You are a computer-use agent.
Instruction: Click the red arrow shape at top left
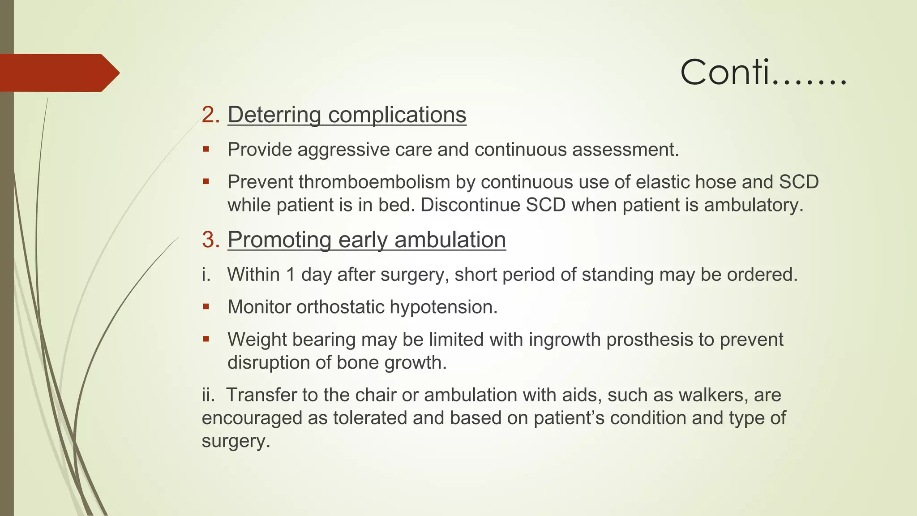(58, 73)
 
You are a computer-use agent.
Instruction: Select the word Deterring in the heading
(274, 115)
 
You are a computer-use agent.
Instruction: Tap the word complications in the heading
(397, 115)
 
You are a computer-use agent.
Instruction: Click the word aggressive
(343, 150)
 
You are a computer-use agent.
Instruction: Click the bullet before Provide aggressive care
(206, 149)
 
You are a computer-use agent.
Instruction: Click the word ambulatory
(754, 205)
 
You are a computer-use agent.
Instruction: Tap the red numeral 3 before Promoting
(210, 240)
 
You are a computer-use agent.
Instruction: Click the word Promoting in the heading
(279, 240)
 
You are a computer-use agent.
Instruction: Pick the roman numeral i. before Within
(206, 275)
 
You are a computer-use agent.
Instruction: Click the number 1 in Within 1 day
(290, 275)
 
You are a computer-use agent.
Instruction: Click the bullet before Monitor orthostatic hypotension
(206, 307)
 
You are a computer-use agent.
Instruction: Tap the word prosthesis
(649, 340)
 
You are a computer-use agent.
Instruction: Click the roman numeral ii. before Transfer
(208, 395)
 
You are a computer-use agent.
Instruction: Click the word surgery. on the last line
(236, 441)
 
